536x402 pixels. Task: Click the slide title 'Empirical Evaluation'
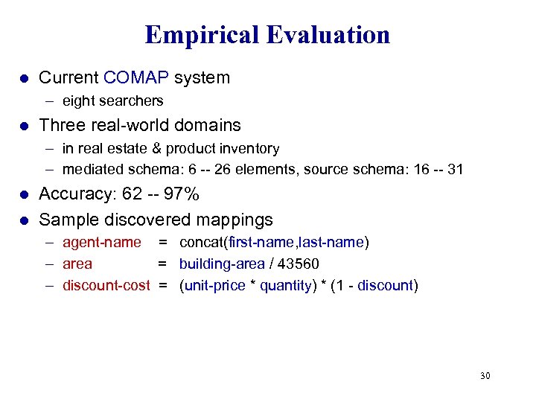(x=267, y=34)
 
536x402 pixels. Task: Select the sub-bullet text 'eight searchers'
(x=112, y=100)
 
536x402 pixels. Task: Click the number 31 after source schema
(x=455, y=169)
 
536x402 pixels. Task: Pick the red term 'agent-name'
(x=102, y=242)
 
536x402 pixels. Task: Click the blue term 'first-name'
(x=256, y=242)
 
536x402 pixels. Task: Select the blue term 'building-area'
(x=222, y=264)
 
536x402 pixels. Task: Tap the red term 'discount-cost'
(x=106, y=285)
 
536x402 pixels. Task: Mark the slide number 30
(x=485, y=375)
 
